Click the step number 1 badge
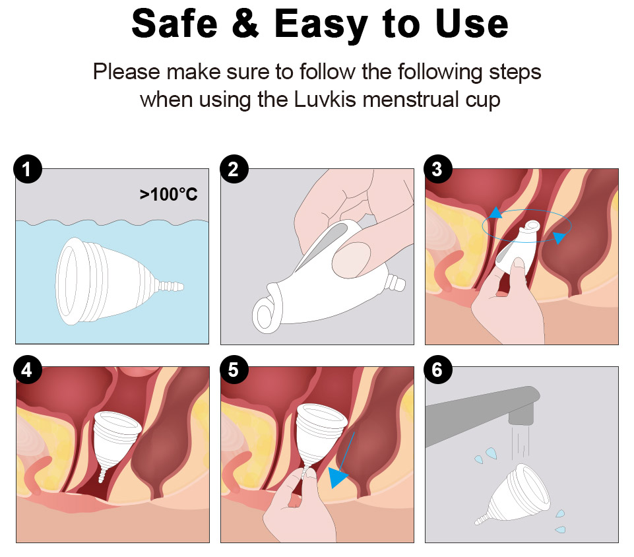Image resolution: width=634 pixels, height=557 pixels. click(28, 169)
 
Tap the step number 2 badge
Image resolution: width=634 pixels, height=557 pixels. click(234, 169)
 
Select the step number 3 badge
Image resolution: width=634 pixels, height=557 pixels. click(438, 169)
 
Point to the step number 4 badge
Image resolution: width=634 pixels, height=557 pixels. click(28, 370)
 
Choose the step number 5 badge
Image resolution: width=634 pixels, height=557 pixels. click(234, 370)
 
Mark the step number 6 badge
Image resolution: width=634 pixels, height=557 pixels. click(438, 370)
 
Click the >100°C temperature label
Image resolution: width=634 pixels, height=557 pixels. click(169, 195)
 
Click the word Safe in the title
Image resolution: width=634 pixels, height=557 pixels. click(175, 24)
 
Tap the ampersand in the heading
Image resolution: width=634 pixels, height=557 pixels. click(245, 24)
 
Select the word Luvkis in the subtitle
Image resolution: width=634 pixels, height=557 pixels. click(325, 100)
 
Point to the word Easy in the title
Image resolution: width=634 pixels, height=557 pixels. click(321, 26)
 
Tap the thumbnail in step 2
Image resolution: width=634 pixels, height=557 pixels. click(351, 259)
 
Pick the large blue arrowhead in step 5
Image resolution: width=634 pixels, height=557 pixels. click(337, 477)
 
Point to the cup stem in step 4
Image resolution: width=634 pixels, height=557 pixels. click(102, 473)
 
